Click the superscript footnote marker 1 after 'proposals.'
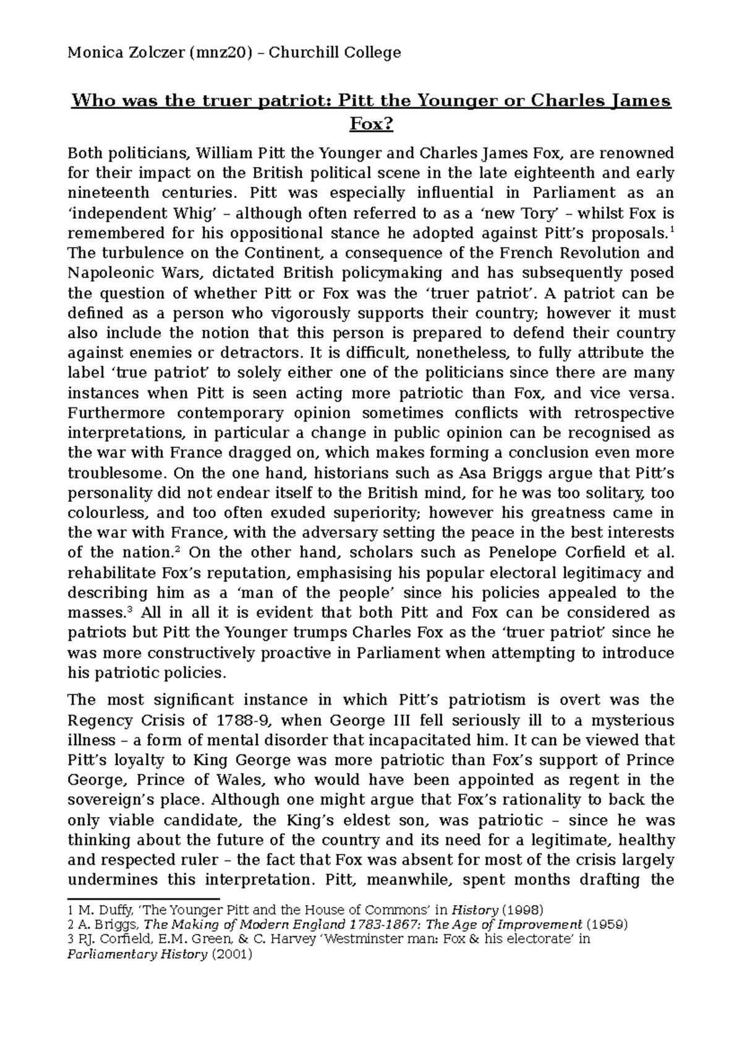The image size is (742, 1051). click(672, 230)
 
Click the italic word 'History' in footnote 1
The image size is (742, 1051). click(475, 910)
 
